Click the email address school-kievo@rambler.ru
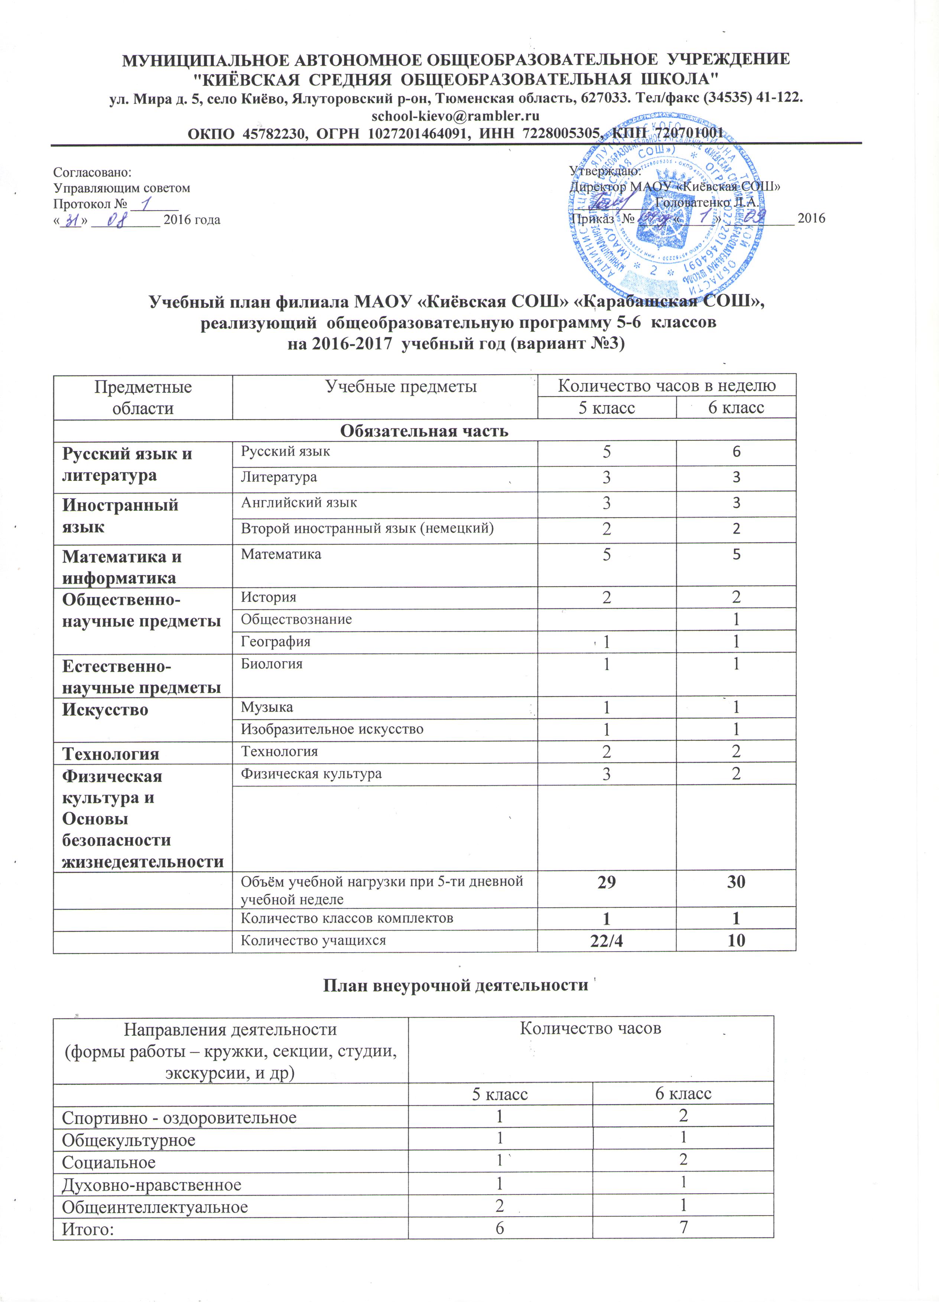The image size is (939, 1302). pos(455,115)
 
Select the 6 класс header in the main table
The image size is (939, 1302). pos(736,408)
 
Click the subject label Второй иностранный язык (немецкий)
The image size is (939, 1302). pos(367,528)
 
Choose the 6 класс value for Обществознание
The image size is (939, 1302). pos(736,619)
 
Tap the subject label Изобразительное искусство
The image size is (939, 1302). pos(332,729)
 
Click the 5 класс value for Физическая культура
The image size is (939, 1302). pos(607,774)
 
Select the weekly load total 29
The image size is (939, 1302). pos(607,882)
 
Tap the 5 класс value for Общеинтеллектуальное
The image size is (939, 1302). pos(500,1206)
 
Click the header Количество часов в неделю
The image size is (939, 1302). pos(667,386)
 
